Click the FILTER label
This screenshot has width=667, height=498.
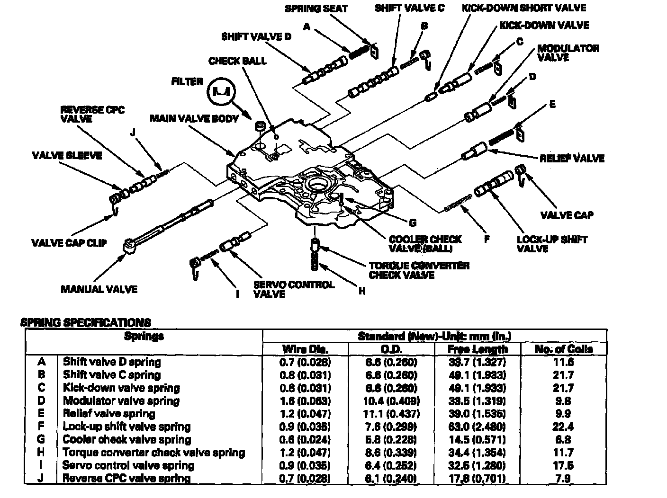tap(187, 82)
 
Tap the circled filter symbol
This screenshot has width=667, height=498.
tap(221, 91)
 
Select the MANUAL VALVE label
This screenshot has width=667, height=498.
tap(99, 289)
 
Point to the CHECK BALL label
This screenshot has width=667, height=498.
tap(237, 61)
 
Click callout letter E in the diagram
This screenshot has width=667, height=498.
tap(552, 104)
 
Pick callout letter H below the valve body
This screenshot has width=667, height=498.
tap(362, 292)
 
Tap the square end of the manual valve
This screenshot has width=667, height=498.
tap(129, 246)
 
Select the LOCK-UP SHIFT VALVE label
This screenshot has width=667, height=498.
tap(552, 244)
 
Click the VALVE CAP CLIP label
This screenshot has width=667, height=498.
tap(69, 243)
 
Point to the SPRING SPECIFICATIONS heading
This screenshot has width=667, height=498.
tap(86, 323)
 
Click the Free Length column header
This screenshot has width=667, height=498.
tap(478, 349)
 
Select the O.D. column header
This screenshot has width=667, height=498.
tap(391, 349)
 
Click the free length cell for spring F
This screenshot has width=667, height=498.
tap(478, 427)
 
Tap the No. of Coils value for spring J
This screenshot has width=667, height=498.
tap(563, 478)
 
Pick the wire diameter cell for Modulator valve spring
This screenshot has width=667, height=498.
tap(306, 401)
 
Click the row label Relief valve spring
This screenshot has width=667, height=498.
tap(109, 414)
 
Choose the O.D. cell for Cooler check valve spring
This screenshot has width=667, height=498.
tap(391, 439)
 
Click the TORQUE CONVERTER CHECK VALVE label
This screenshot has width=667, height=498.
tap(419, 270)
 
